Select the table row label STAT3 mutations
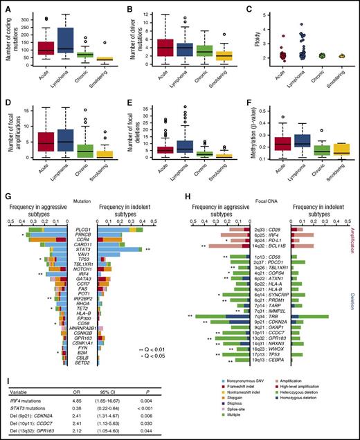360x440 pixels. pyautogui.click(x=26, y=408)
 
